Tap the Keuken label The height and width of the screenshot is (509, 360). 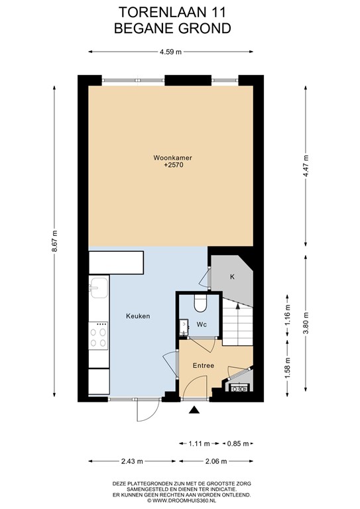point(138,316)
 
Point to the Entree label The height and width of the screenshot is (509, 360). point(203,365)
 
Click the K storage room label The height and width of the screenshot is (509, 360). point(233,276)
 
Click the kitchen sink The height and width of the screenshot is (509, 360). point(99,288)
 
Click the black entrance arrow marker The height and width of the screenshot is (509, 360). point(194,412)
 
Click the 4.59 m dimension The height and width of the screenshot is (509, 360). point(170,53)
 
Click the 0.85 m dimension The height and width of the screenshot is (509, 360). point(237,443)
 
